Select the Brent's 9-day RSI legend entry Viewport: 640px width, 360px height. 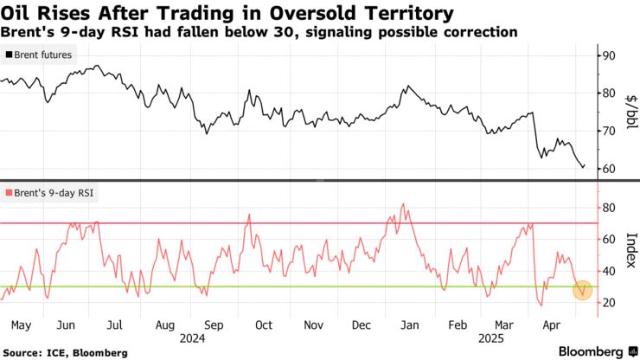50,194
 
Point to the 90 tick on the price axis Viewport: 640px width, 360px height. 609,55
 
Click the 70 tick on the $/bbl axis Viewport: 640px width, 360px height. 609,131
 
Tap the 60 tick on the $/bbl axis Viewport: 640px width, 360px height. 609,168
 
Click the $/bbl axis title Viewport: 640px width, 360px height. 630,111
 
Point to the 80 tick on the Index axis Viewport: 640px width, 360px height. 609,208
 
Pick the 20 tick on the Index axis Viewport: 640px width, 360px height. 609,302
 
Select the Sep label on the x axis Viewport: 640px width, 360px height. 214,325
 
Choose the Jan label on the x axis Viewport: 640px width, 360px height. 410,325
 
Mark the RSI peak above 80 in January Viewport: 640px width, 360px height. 403,205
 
